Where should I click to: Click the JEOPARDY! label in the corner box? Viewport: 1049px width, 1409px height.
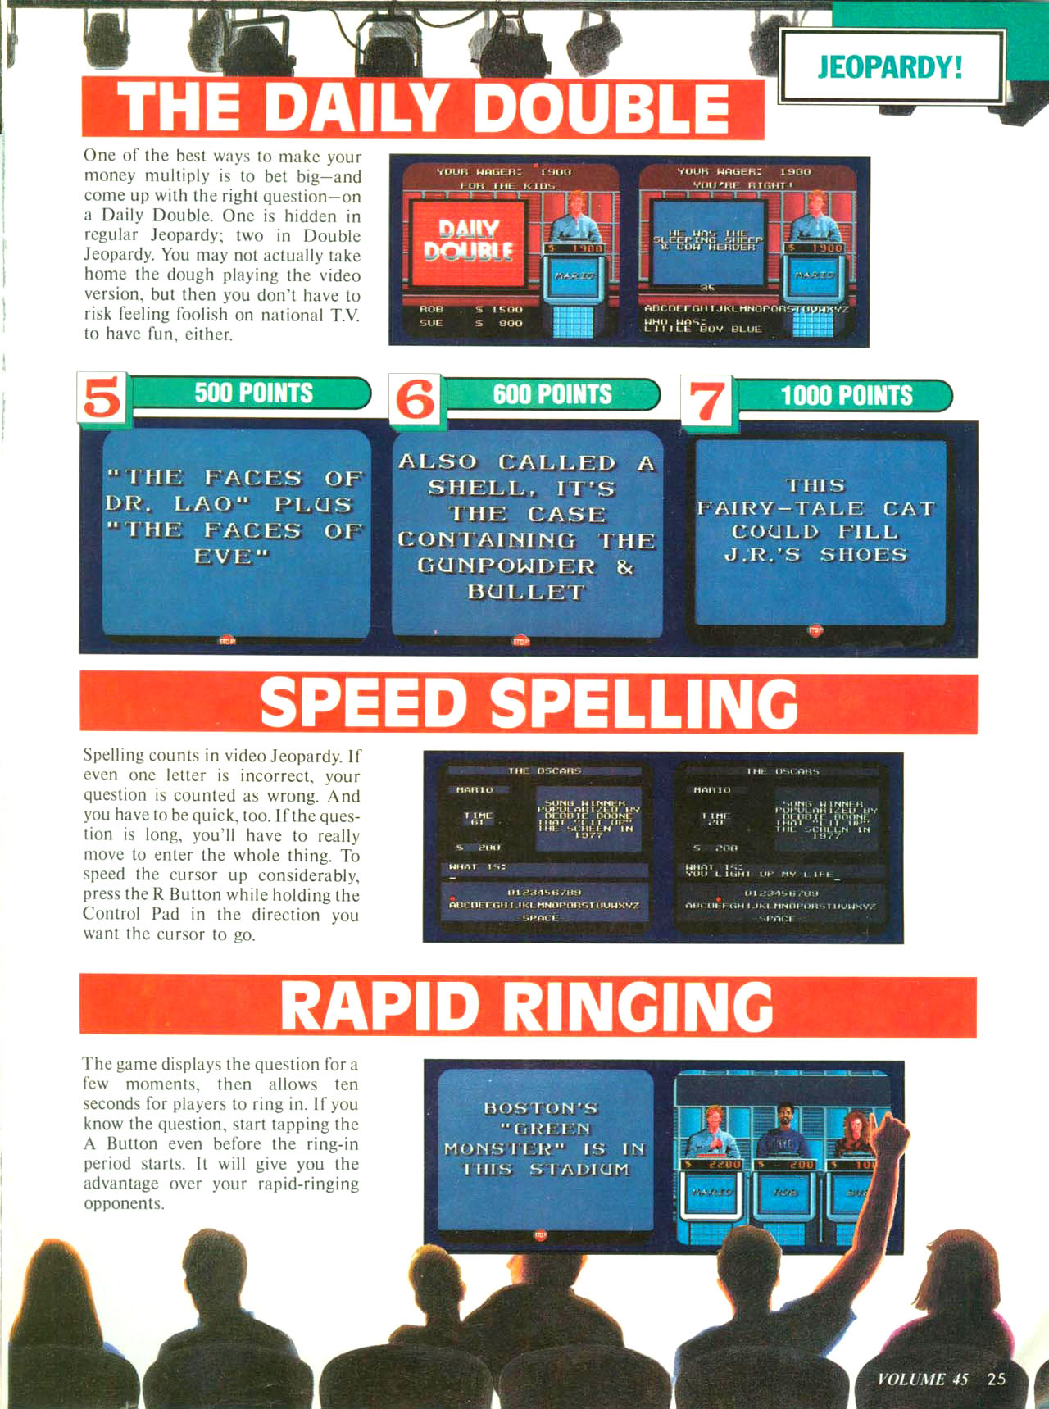(890, 66)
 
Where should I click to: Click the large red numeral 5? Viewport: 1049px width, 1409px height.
(102, 398)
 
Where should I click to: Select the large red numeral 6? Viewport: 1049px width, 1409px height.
(416, 400)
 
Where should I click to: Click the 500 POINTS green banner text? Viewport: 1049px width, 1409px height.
(253, 393)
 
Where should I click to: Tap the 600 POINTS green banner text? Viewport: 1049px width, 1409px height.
(552, 394)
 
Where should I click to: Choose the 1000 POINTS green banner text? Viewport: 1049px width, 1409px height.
(846, 396)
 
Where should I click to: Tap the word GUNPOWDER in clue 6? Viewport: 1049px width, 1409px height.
(506, 566)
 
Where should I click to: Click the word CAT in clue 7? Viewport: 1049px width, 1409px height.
(908, 509)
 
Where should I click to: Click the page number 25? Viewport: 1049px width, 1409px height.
(996, 1379)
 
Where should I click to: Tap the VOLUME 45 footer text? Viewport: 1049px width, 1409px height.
(922, 1379)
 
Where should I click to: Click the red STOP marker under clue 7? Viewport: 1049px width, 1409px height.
(815, 630)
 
